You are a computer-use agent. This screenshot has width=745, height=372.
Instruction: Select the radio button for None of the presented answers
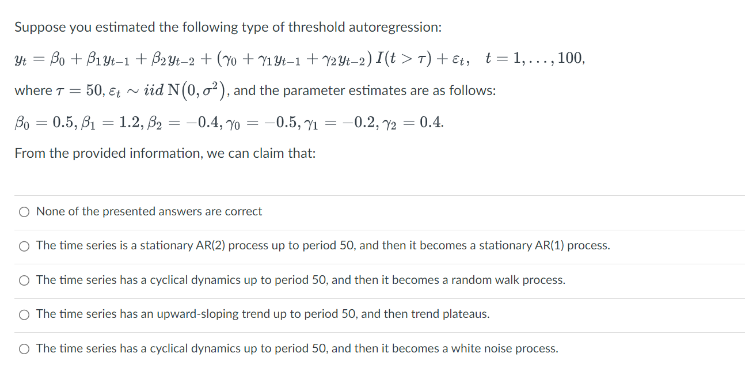pos(24,212)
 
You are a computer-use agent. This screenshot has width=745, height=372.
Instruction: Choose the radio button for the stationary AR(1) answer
pos(24,246)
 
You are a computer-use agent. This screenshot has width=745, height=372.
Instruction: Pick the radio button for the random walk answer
pos(24,280)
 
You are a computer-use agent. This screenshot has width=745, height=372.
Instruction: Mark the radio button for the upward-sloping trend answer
pos(24,314)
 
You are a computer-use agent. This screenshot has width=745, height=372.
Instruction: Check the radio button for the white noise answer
pos(24,349)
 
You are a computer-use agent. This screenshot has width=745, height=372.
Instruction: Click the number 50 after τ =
pos(94,91)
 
